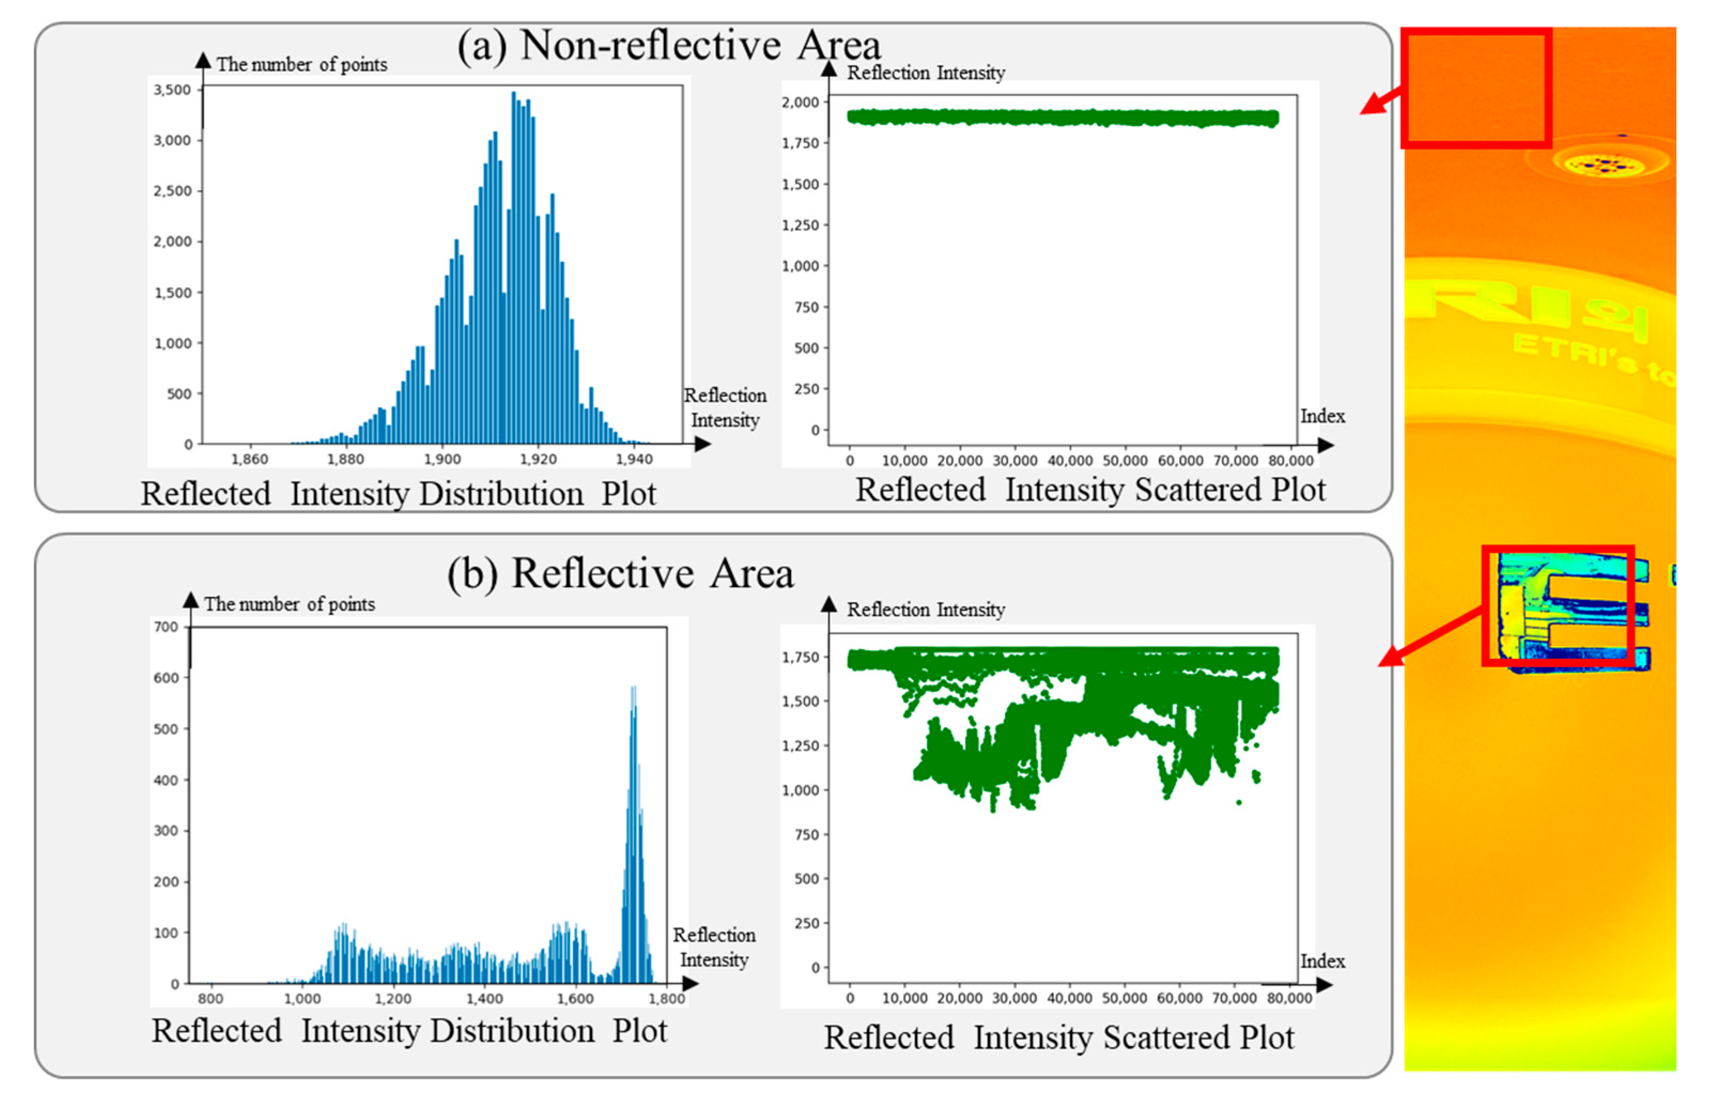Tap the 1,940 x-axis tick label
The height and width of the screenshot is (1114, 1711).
(x=634, y=459)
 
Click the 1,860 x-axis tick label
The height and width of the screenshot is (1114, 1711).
(x=250, y=459)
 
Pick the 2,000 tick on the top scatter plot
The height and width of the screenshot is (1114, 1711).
(x=801, y=102)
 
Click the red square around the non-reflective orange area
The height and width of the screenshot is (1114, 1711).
(x=1476, y=88)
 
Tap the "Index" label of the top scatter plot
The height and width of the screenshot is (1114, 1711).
(x=1322, y=416)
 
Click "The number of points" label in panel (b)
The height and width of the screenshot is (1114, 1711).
(x=289, y=604)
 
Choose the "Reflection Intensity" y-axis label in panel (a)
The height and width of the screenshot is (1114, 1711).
(x=925, y=73)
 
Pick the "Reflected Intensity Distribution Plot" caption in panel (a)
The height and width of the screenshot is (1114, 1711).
(x=398, y=494)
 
